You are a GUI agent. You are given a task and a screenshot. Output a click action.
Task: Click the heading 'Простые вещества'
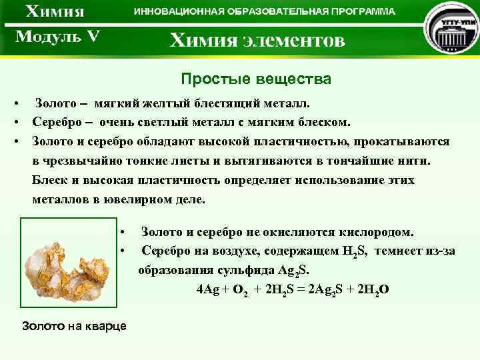tap(256, 80)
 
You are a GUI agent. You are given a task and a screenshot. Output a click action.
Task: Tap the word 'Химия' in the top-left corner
tap(55, 12)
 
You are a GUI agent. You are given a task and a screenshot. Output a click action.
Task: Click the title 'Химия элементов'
tap(257, 41)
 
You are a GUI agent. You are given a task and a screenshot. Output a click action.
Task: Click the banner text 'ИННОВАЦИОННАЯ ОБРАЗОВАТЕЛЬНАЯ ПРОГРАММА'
tap(264, 11)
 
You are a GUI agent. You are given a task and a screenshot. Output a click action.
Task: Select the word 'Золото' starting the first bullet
tap(55, 104)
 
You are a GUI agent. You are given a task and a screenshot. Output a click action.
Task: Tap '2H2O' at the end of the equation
tap(374, 289)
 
